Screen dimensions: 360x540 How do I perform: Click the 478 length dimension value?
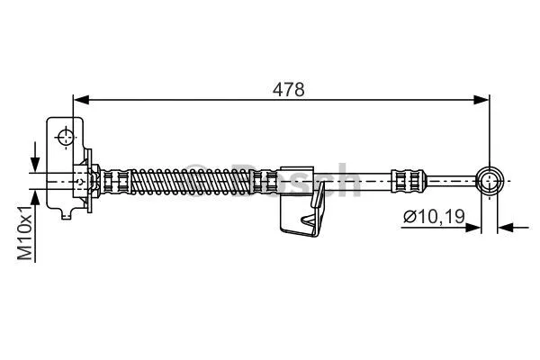(x=289, y=89)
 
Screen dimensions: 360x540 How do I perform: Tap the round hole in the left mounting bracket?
(x=66, y=137)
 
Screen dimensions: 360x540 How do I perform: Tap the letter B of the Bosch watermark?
(x=239, y=181)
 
